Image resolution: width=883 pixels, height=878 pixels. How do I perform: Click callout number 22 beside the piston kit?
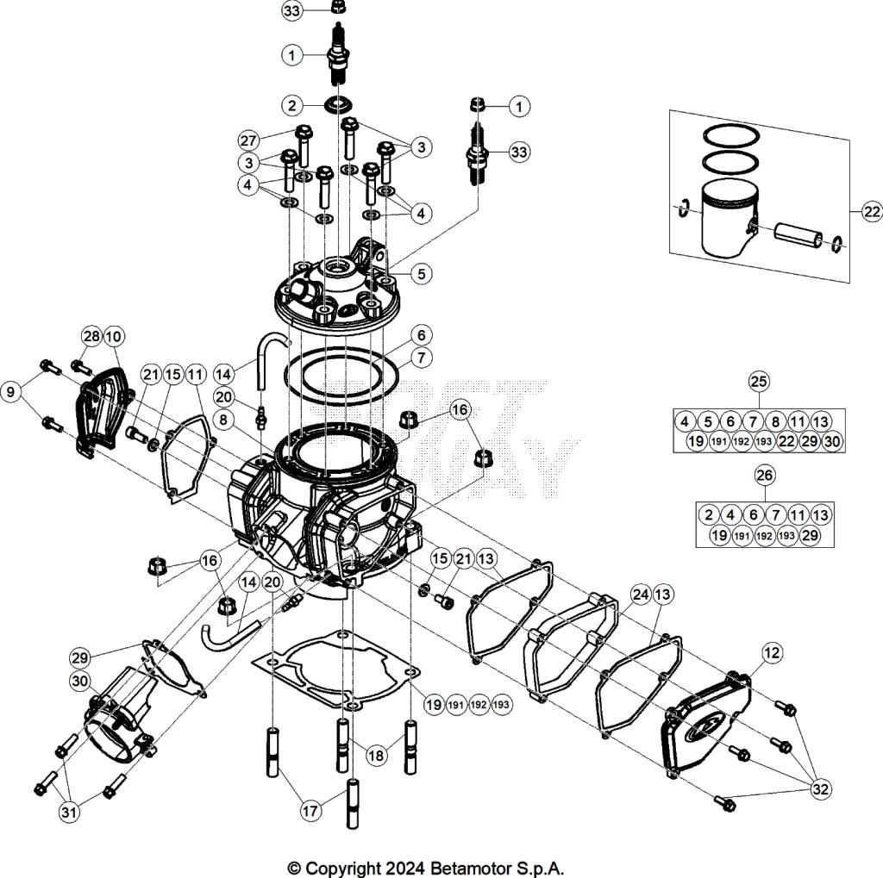click(x=869, y=210)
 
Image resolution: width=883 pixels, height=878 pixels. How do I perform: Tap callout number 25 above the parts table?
click(x=759, y=381)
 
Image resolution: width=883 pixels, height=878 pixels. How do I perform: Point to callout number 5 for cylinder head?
click(x=420, y=274)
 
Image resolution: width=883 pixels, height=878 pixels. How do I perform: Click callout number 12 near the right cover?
click(x=771, y=653)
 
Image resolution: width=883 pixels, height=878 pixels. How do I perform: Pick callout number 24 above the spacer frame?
click(x=639, y=594)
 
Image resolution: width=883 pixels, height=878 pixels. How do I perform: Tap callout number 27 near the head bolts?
click(x=248, y=140)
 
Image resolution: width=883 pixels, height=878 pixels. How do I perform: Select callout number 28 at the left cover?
click(x=92, y=335)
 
